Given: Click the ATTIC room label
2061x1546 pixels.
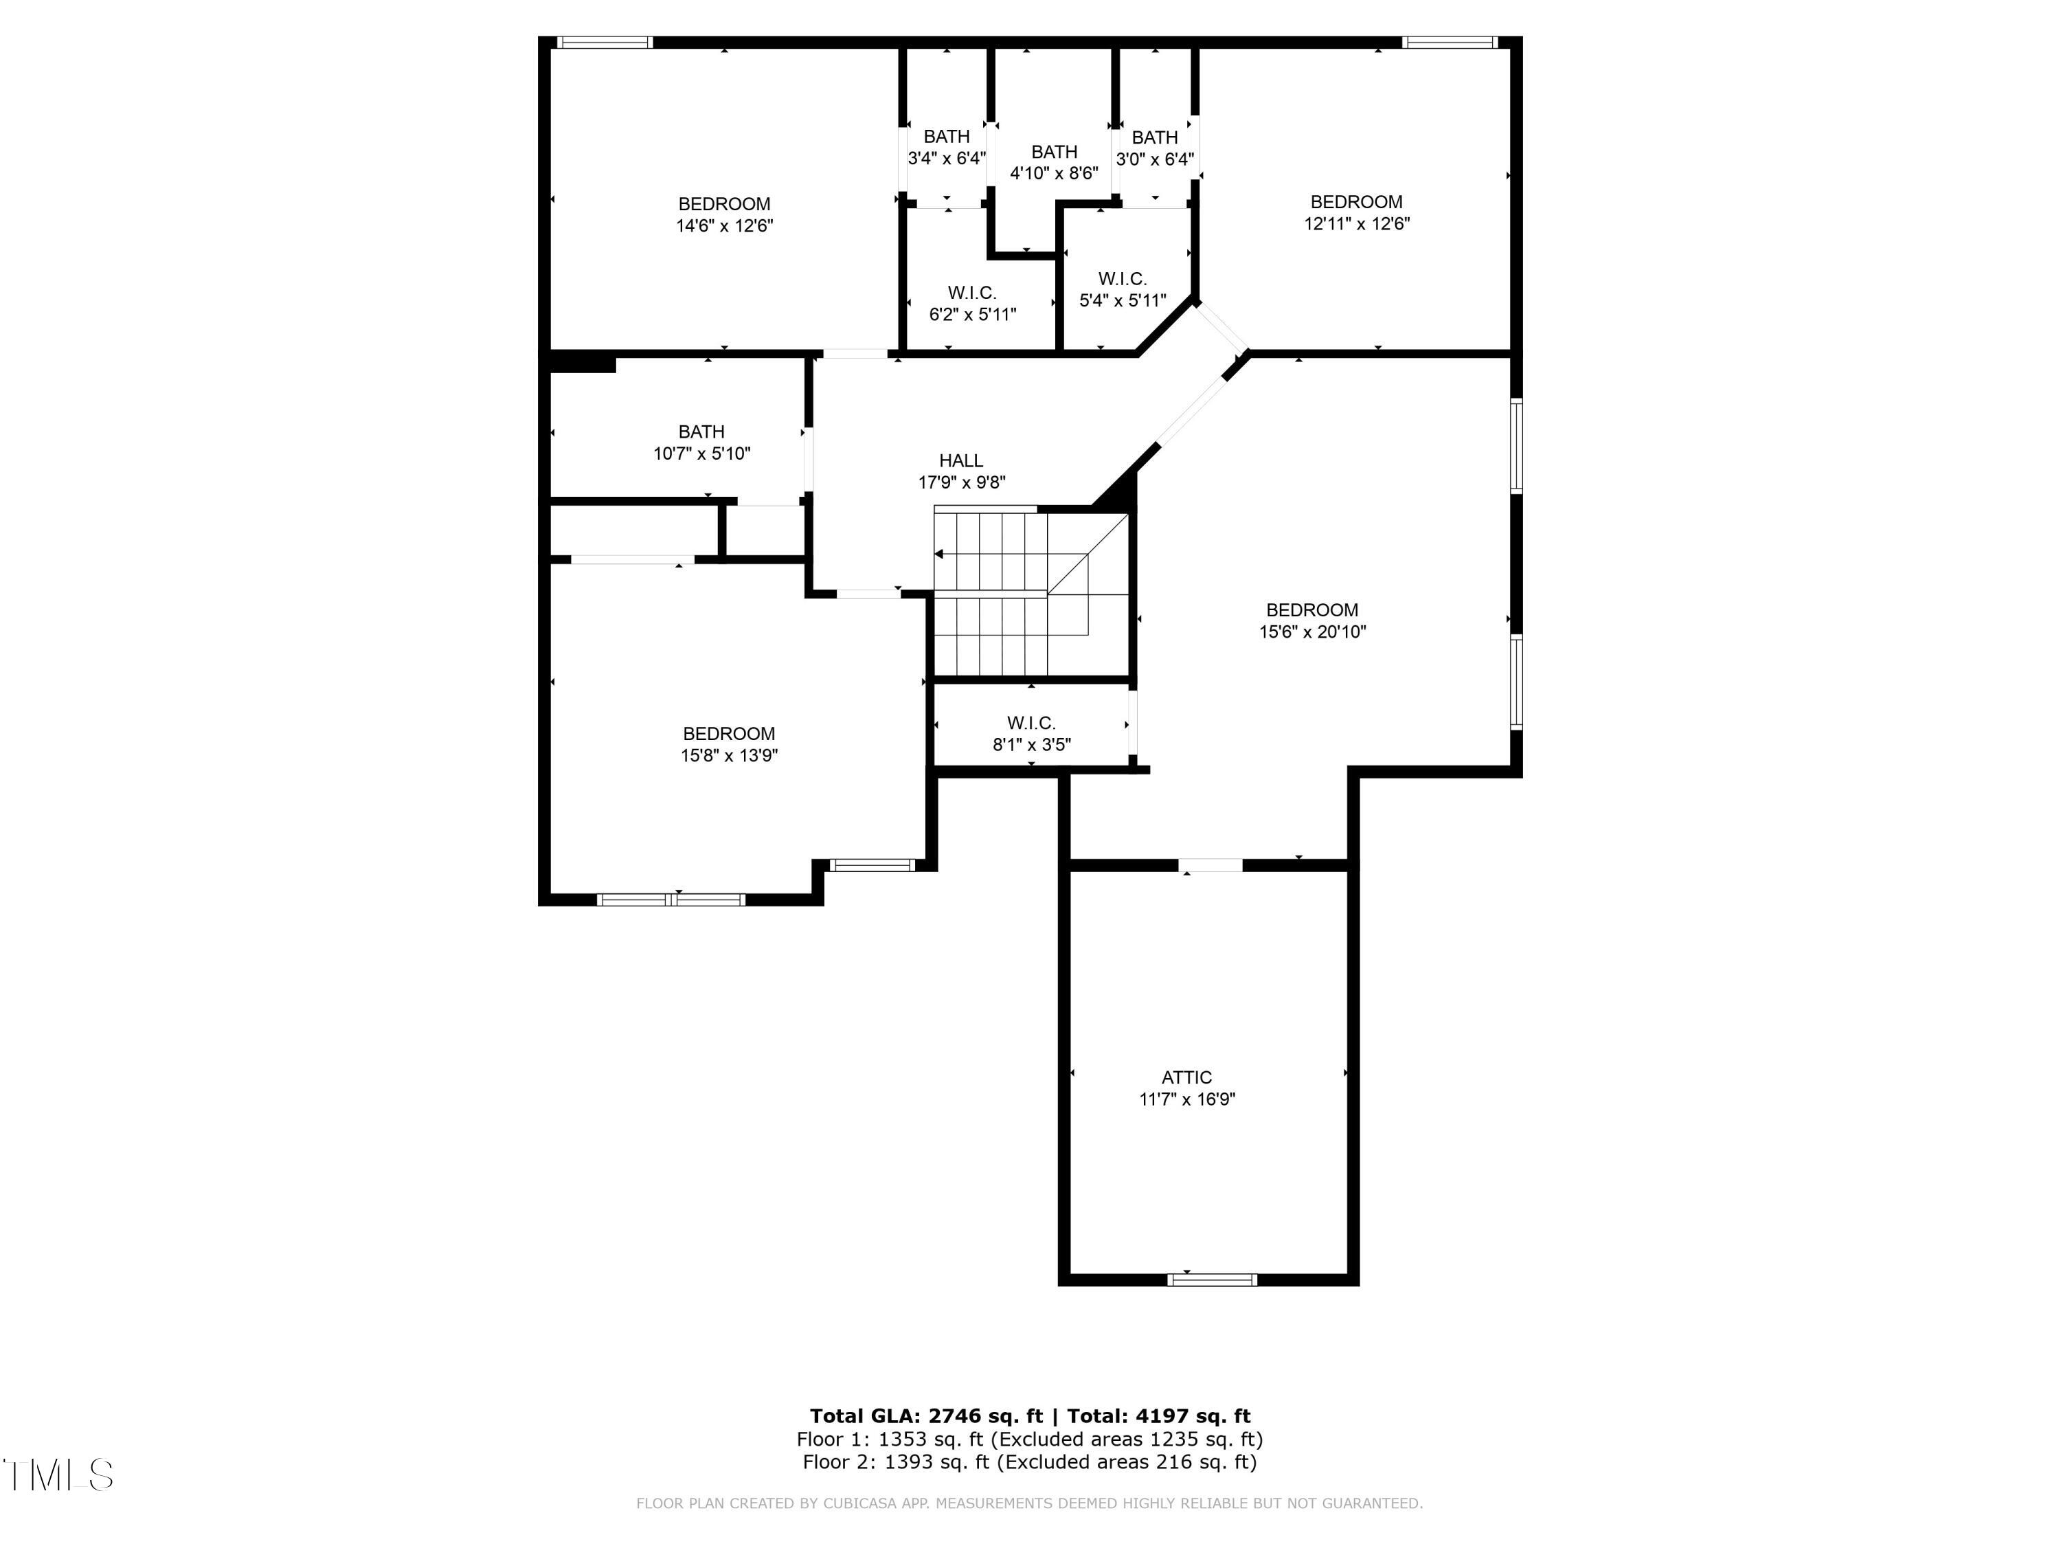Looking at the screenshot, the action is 1186,1077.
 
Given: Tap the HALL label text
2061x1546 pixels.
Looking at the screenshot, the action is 960,460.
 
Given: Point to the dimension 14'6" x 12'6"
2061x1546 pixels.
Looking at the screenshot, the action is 725,225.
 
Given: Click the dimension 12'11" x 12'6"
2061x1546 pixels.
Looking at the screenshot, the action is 1357,223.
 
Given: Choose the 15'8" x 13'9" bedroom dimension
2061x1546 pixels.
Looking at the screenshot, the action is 730,756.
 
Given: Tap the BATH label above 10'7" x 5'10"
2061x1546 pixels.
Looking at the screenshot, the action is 701,432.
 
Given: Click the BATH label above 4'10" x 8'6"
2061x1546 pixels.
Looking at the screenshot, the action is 1055,152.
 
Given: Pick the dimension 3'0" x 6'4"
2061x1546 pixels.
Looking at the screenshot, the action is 1156,159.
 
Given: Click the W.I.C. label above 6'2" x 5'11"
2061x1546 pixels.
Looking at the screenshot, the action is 973,293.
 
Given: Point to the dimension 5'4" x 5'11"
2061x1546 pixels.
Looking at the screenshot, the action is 1123,300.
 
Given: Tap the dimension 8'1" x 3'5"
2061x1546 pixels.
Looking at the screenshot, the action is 1031,745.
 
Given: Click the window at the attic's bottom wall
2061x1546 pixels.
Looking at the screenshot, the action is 1211,1279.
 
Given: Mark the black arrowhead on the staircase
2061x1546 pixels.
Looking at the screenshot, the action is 939,554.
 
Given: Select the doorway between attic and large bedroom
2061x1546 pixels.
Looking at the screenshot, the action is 1210,865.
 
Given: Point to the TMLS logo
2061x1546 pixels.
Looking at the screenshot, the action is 58,1475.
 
